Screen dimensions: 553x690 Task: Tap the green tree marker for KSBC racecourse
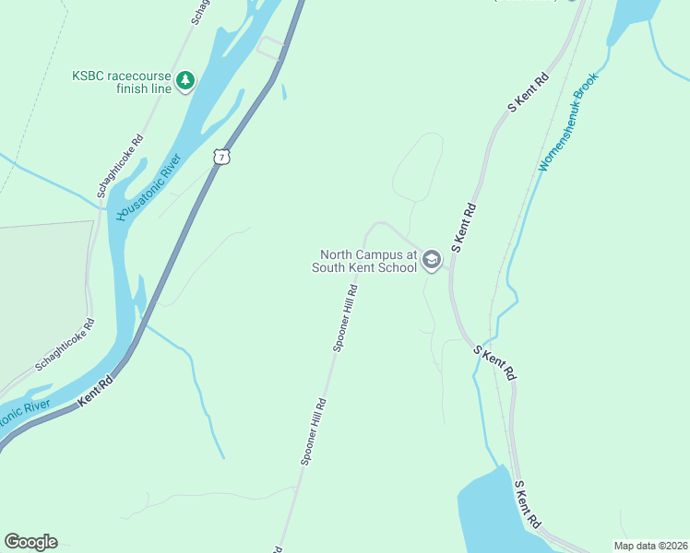186,81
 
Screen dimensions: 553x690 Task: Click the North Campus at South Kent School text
364,262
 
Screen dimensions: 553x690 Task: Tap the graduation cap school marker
431,262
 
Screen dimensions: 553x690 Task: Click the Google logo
30,542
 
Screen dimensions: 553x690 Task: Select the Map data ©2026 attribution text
651,546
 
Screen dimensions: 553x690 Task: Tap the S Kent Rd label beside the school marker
465,229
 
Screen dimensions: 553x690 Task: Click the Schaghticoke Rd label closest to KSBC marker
121,167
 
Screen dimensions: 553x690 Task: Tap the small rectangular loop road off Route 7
270,46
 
